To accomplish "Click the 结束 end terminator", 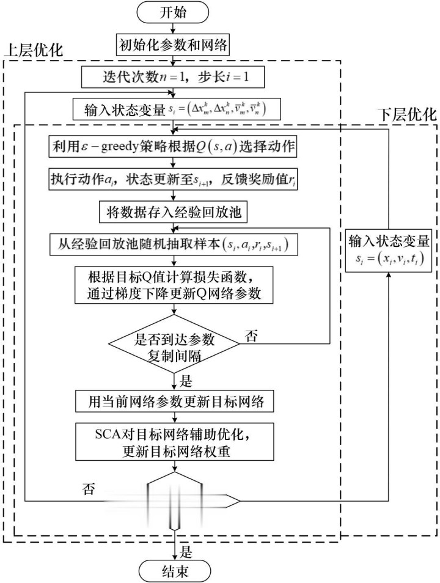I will point(176,571).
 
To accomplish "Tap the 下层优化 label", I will point(406,114).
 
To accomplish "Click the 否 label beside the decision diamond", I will point(251,335).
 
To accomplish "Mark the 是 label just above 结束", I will point(186,552).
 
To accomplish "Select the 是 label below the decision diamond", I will point(186,383).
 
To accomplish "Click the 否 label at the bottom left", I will point(89,489).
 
